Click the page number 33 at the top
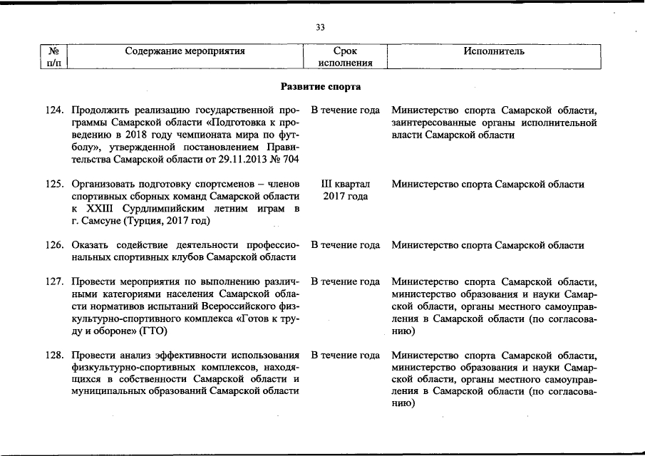point(320,27)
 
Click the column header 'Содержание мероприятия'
point(185,51)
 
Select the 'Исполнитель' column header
point(494,51)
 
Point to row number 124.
point(56,110)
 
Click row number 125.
point(56,184)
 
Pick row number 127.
point(56,282)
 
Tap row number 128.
point(56,356)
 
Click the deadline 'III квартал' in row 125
point(346,184)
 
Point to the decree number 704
point(290,160)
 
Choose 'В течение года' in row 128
point(345,356)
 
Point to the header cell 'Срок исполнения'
point(346,57)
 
